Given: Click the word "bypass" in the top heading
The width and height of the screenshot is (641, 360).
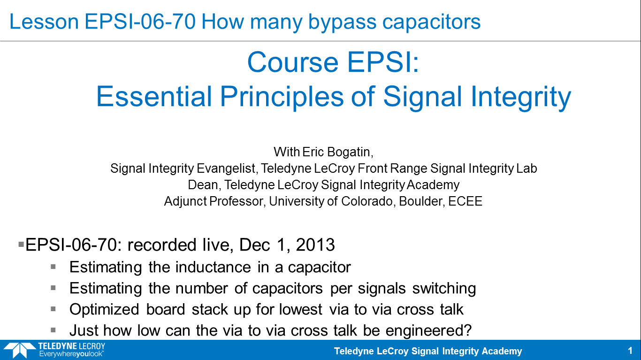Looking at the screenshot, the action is tap(342, 23).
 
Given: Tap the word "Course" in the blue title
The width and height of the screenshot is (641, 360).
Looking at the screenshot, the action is tap(293, 62).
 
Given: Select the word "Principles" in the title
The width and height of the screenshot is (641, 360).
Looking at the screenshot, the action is tap(282, 97).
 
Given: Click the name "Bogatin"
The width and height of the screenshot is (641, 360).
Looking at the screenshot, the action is tap(350, 152).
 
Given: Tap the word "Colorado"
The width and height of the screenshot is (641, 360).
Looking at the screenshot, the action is tap(367, 201).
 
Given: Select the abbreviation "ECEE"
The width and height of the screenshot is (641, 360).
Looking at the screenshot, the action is tap(465, 201).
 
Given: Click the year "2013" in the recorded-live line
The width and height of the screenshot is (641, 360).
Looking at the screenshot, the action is tap(315, 245).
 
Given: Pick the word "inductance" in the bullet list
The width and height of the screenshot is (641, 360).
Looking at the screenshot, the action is tap(213, 267).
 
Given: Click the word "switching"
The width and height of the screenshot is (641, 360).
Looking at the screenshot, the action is tap(444, 289).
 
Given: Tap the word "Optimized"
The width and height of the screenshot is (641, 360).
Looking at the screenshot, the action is tap(104, 310).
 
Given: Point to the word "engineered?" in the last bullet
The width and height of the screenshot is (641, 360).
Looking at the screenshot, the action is tap(428, 331).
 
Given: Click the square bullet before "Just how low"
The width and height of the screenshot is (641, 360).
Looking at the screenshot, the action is tap(53, 330).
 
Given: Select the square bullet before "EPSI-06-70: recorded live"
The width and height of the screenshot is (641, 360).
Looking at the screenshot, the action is tap(21, 245).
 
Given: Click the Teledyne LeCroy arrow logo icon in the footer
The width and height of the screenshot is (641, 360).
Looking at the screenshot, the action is tap(19, 349).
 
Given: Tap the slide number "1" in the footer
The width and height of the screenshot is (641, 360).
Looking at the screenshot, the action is tap(630, 351).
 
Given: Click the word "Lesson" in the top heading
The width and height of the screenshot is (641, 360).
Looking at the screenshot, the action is tap(44, 22).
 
